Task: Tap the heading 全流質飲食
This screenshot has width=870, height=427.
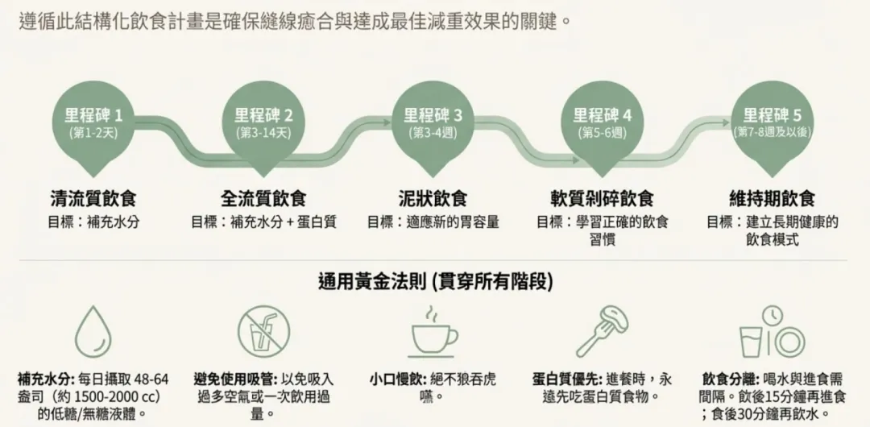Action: pyautogui.click(x=263, y=198)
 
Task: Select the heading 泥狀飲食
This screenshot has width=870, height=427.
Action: pyautogui.click(x=433, y=198)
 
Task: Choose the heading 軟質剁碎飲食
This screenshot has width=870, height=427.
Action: pyautogui.click(x=602, y=198)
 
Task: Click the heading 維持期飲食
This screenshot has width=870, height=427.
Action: pyautogui.click(x=772, y=198)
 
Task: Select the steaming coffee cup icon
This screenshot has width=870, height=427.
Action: pyautogui.click(x=433, y=330)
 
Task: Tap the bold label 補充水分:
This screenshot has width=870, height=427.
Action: pyautogui.click(x=45, y=379)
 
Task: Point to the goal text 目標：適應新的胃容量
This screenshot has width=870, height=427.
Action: pyautogui.click(x=433, y=222)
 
